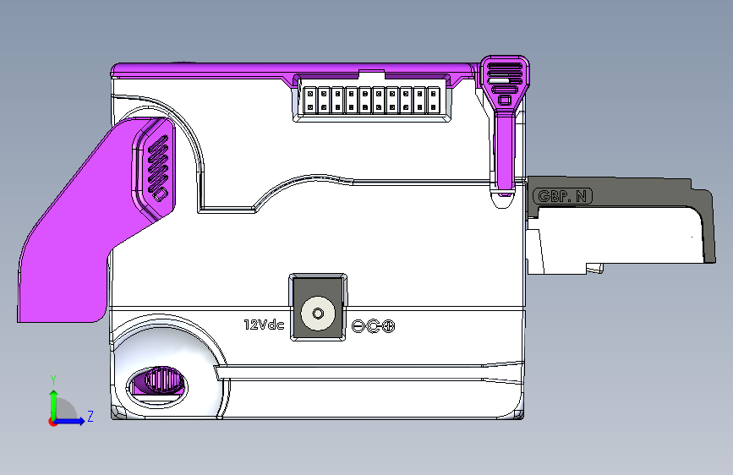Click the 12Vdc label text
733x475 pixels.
click(264, 325)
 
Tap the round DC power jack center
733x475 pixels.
click(318, 314)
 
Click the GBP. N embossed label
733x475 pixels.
click(562, 196)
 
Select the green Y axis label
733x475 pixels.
click(53, 379)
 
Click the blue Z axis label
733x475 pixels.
click(90, 416)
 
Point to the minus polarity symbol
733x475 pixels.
click(358, 326)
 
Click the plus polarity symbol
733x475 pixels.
click(388, 326)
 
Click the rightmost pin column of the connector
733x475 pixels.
click(434, 101)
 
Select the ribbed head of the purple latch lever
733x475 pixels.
click(505, 79)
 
